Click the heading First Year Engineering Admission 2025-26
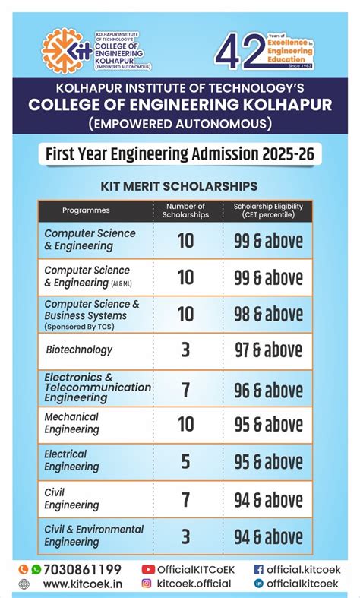pyautogui.click(x=179, y=154)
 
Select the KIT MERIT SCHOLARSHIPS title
pyautogui.click(x=179, y=186)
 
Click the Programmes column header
pyautogui.click(x=86, y=210)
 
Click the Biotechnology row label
pyautogui.click(x=79, y=350)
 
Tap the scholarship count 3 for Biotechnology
pyautogui.click(x=185, y=350)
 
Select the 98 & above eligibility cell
pyautogui.click(x=267, y=314)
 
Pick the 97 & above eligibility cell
pyautogui.click(x=267, y=350)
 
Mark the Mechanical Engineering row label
pyautogui.click(x=71, y=423)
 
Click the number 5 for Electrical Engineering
pyautogui.click(x=185, y=460)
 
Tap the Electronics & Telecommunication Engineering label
pyautogui.click(x=97, y=388)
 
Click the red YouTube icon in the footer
pyautogui.click(x=148, y=569)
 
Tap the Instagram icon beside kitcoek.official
pyautogui.click(x=147, y=584)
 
